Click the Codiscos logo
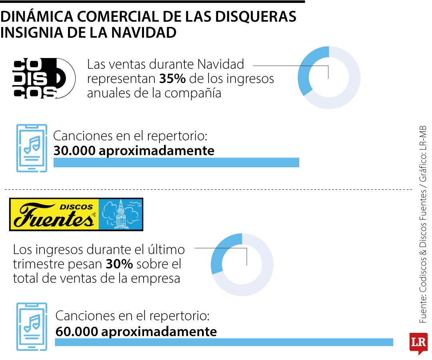44,78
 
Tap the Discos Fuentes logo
76,214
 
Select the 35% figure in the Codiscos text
172,79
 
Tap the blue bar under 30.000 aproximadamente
176,162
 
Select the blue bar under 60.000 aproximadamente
224,342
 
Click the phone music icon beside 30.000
32,148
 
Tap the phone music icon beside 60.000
32,326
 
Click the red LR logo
418,342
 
